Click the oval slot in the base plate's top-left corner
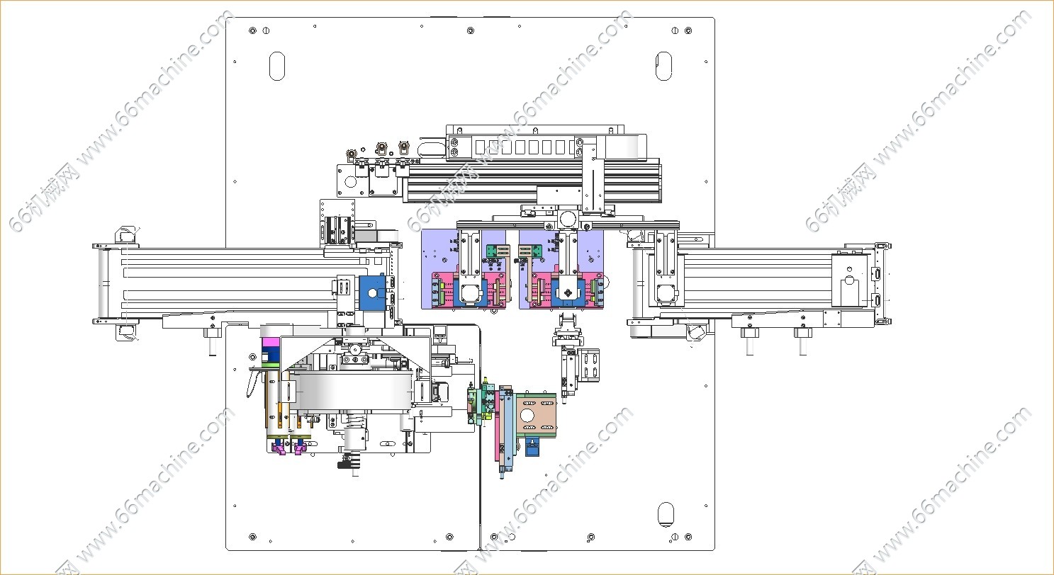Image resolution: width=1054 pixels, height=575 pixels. click(x=277, y=67)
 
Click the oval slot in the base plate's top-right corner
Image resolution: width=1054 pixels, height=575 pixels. click(x=663, y=67)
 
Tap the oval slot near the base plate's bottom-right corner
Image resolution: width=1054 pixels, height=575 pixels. click(x=666, y=514)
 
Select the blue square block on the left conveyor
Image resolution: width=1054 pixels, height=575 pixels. click(x=371, y=293)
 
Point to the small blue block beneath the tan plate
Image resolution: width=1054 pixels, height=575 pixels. click(x=532, y=447)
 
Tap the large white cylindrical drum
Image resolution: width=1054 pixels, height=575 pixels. click(x=353, y=389)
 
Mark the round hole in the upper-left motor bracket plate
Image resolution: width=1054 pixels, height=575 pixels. click(x=350, y=181)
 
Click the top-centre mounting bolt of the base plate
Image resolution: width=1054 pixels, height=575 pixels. click(x=470, y=31)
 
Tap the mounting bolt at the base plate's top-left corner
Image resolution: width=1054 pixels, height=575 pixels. click(x=252, y=31)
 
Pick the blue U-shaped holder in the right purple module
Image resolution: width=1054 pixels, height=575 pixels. click(x=568, y=292)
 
